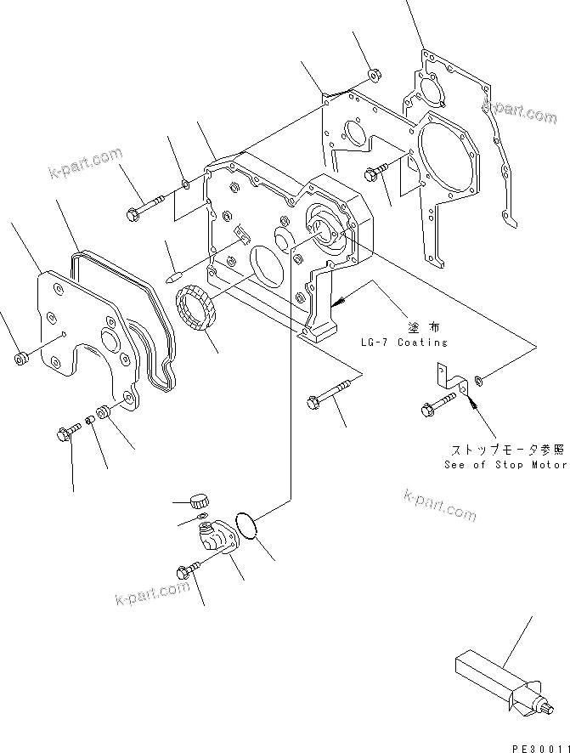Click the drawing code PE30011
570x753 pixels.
coord(539,745)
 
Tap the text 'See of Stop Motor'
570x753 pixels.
coord(505,465)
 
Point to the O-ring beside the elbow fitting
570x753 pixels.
coord(247,526)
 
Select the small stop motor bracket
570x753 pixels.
coord(451,381)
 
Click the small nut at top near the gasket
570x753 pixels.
coord(373,75)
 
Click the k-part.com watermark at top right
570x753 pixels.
coord(519,111)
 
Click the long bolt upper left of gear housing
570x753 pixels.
coord(147,205)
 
